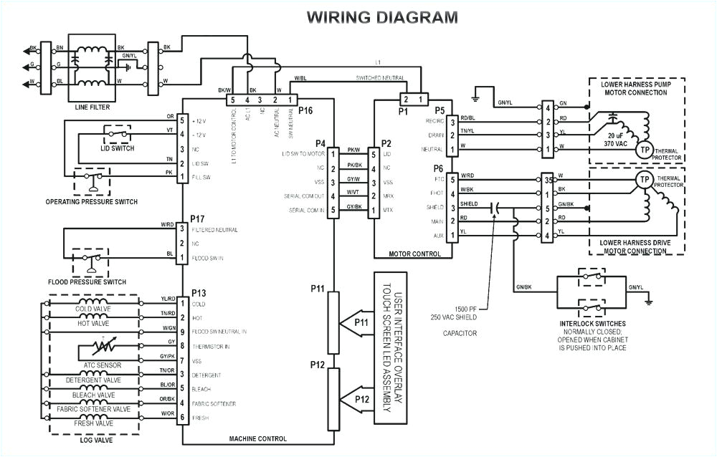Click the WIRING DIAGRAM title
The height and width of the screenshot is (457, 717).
click(x=381, y=17)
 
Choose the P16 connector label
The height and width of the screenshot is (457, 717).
click(x=306, y=110)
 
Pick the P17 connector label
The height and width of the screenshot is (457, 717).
click(x=199, y=218)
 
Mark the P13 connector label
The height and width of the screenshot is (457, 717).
click(x=199, y=294)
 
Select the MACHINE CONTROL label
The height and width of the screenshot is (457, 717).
click(x=258, y=438)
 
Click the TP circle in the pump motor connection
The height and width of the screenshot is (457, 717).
click(x=645, y=150)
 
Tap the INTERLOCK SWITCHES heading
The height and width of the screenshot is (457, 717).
click(x=592, y=324)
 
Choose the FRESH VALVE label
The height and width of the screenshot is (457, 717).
click(x=92, y=423)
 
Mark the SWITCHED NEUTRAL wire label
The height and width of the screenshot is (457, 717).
click(x=379, y=77)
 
